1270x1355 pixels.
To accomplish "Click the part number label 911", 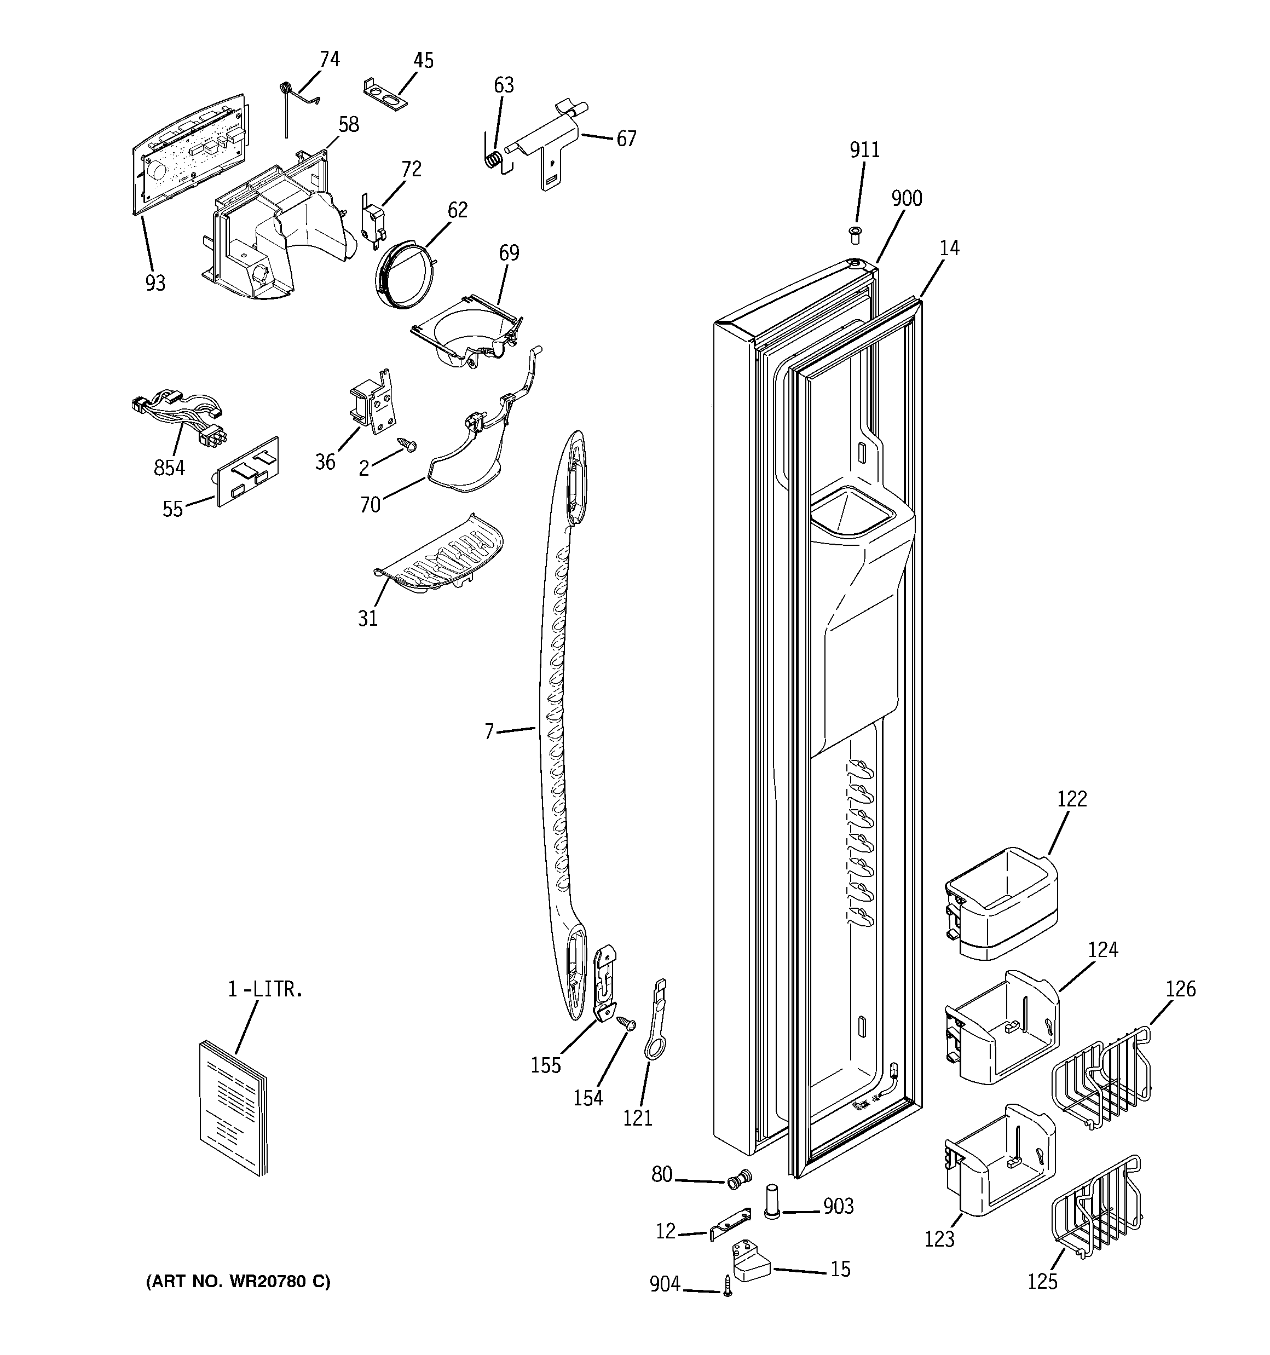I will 864,149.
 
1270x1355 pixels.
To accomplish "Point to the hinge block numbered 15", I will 750,1261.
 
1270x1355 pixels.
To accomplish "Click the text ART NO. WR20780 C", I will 238,1282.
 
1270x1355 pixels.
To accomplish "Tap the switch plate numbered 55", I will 248,472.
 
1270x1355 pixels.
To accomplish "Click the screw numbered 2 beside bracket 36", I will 408,445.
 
